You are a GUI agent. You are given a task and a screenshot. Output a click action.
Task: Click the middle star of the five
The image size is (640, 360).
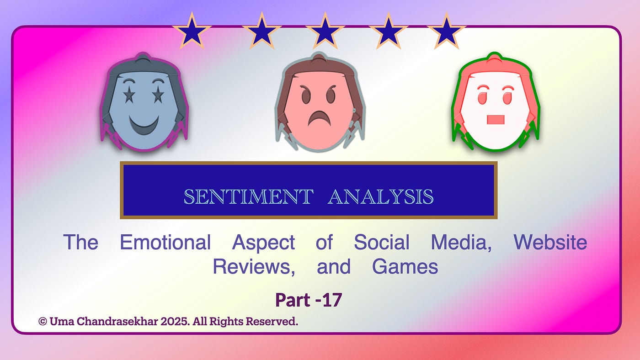tap(325, 31)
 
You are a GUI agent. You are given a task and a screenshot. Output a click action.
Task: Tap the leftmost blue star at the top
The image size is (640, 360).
tap(192, 31)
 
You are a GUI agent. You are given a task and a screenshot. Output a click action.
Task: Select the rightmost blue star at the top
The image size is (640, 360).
tap(446, 31)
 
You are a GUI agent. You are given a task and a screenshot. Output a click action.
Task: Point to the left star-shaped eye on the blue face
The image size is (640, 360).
tap(129, 95)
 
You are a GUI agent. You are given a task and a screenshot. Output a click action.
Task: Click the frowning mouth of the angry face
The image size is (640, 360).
tap(319, 118)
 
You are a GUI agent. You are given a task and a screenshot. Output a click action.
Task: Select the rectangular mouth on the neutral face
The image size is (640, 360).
tap(496, 120)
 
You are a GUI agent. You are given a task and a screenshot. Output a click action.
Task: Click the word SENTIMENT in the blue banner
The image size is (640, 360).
tap(248, 197)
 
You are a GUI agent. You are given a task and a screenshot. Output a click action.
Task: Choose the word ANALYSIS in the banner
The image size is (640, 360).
tap(380, 197)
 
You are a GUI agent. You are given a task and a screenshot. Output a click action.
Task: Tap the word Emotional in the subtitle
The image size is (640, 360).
tap(165, 243)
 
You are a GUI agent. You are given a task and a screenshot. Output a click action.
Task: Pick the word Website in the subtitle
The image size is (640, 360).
tap(550, 243)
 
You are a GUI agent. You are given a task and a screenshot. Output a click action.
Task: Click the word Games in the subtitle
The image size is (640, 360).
tap(405, 267)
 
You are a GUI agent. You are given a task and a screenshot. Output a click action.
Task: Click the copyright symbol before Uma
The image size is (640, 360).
tap(43, 322)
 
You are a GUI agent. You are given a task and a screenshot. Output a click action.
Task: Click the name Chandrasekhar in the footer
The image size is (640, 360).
tap(117, 322)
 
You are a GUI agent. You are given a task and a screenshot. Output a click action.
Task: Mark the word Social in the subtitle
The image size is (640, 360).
tap(382, 243)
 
